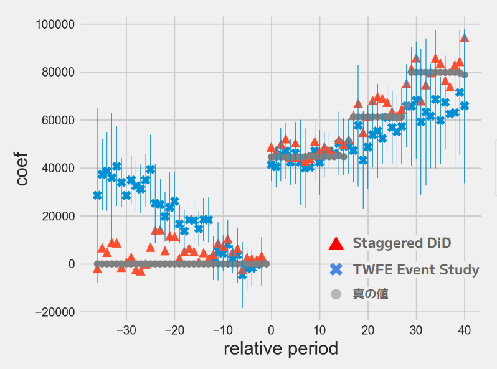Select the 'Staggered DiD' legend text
pyautogui.click(x=402, y=243)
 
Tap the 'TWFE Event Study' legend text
pyautogui.click(x=416, y=270)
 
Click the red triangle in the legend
pyautogui.click(x=336, y=243)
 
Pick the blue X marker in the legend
pyautogui.click(x=336, y=270)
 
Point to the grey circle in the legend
pyautogui.click(x=336, y=294)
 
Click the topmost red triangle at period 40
pyautogui.click(x=464, y=38)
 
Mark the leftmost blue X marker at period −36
pyautogui.click(x=97, y=195)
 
